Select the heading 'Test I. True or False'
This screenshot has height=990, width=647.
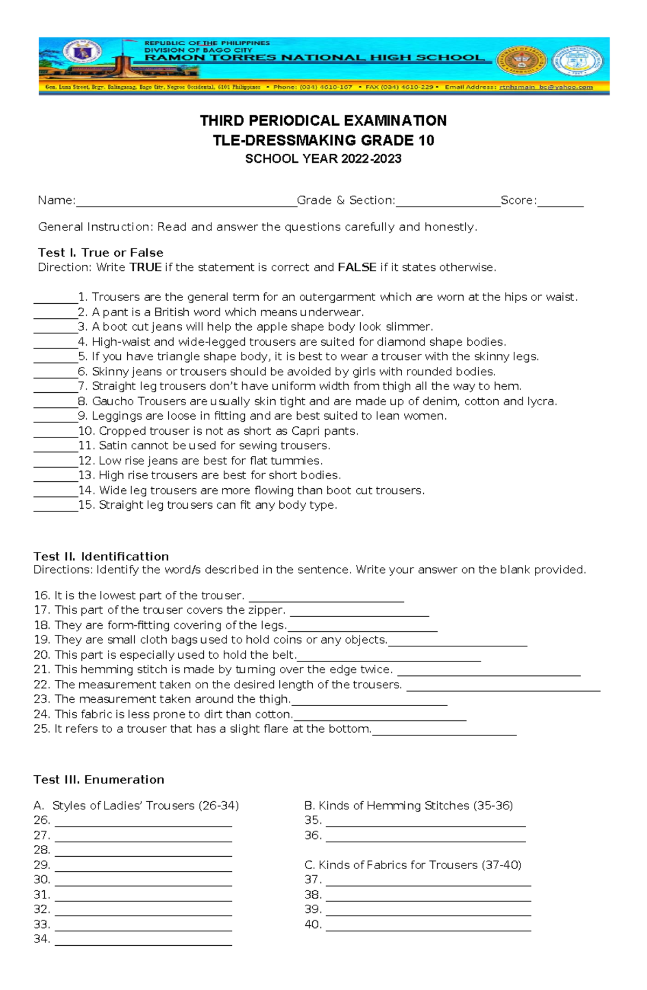click(x=100, y=252)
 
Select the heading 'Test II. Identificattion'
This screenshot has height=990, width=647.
click(x=101, y=556)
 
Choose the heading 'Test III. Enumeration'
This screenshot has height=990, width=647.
click(x=99, y=780)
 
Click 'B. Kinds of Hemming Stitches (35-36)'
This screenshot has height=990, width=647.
click(x=408, y=805)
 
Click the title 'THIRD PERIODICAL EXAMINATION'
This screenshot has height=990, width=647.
click(x=323, y=120)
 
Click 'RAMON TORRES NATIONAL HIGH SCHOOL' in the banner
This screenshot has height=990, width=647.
click(x=315, y=58)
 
